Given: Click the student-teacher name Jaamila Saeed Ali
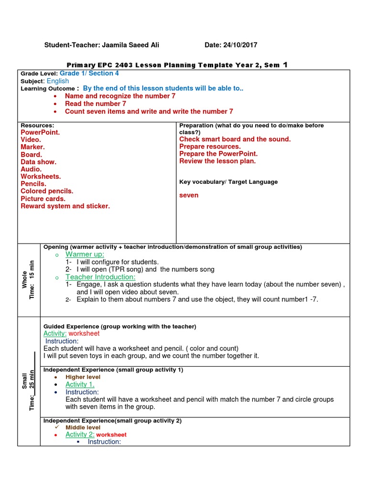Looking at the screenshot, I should (x=130, y=45).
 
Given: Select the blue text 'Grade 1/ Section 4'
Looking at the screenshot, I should (x=89, y=74).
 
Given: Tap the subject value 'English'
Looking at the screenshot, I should (x=58, y=81).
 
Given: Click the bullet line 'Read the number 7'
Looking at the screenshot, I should (x=96, y=104).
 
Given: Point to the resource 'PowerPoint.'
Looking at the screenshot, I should (x=40, y=133).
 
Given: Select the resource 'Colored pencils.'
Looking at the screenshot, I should (x=47, y=191).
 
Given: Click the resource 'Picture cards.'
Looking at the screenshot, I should (x=43, y=199).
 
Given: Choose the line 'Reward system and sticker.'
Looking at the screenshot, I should (x=65, y=206).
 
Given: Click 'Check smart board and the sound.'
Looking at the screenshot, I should (x=235, y=139).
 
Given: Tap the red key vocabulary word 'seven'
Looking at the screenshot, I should (x=189, y=195).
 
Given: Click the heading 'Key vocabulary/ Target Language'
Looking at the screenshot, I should (x=228, y=182).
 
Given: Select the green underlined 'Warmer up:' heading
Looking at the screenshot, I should (x=85, y=255).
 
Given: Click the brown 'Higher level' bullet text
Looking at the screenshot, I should (x=83, y=377).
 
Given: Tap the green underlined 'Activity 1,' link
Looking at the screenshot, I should (x=80, y=384).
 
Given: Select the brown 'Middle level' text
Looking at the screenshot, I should (x=83, y=427).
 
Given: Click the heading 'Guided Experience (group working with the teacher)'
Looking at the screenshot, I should (x=119, y=327).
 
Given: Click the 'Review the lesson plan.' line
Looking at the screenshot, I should (x=217, y=161).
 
